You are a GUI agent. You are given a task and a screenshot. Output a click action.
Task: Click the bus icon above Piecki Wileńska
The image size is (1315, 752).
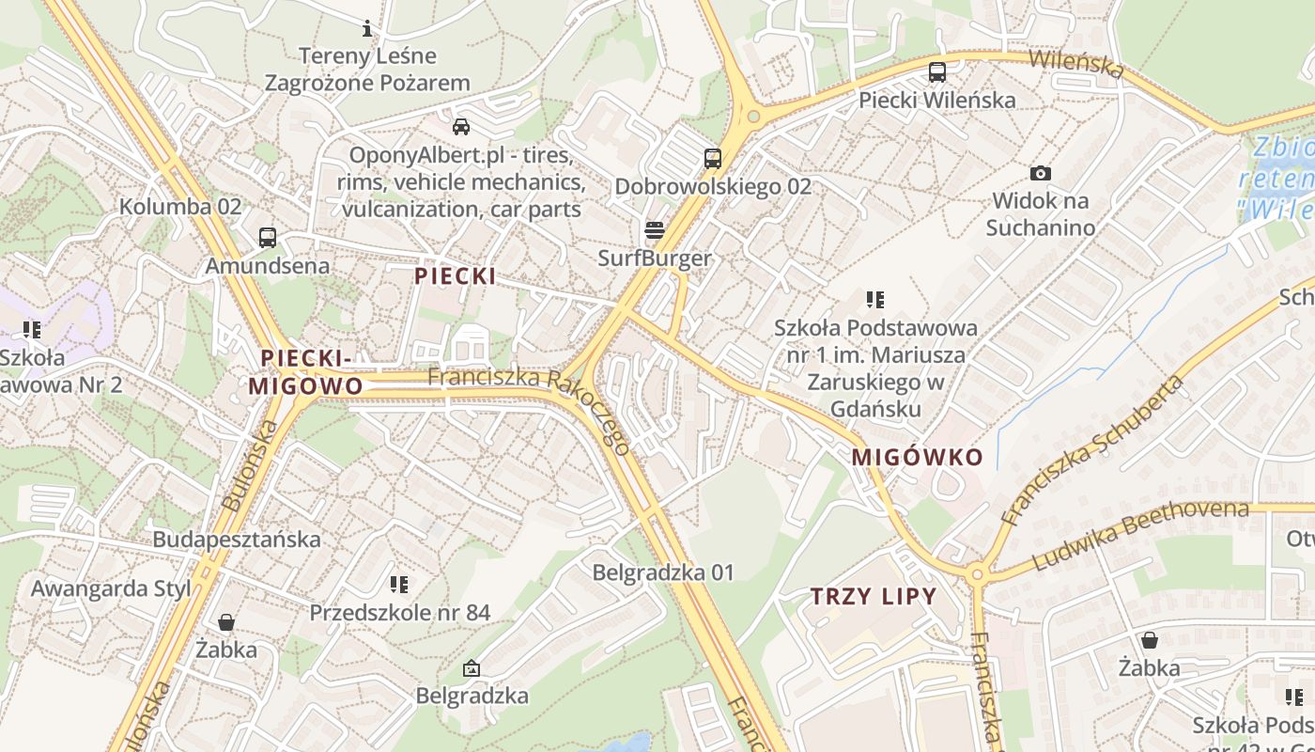tap(936, 71)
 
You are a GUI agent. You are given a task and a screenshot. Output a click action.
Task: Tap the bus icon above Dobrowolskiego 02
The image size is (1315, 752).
tap(713, 158)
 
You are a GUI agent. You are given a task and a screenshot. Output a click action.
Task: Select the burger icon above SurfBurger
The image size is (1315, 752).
tap(655, 230)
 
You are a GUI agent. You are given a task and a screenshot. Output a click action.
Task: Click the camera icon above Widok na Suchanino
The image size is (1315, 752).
tap(1040, 173)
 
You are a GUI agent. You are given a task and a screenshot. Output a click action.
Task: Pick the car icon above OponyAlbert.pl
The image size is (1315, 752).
tap(461, 126)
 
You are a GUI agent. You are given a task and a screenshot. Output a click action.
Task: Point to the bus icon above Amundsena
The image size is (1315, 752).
tap(268, 237)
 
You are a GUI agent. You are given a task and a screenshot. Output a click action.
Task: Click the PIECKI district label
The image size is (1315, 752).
tap(456, 276)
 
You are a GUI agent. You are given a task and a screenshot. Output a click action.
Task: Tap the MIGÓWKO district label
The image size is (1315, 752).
tap(917, 458)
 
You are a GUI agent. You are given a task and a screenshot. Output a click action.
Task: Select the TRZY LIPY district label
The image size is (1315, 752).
tap(874, 596)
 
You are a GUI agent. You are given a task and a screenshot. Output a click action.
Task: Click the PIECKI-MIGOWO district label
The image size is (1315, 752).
tap(305, 372)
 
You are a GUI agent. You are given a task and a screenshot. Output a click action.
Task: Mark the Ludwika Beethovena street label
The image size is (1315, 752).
tap(1140, 536)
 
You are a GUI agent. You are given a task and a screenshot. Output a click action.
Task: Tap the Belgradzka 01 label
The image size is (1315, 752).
tap(663, 572)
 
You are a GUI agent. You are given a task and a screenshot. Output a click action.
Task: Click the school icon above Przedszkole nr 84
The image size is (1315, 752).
tap(399, 585)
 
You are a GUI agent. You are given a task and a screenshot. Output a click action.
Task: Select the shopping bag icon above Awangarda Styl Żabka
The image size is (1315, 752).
tap(225, 622)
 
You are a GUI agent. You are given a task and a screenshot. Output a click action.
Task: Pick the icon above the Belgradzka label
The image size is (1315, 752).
tap(472, 668)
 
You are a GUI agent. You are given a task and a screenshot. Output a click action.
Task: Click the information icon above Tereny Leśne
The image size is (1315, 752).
tap(367, 28)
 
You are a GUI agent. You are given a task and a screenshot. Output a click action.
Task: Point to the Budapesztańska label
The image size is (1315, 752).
tap(237, 540)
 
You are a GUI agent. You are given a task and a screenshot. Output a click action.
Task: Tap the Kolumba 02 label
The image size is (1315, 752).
tap(180, 206)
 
